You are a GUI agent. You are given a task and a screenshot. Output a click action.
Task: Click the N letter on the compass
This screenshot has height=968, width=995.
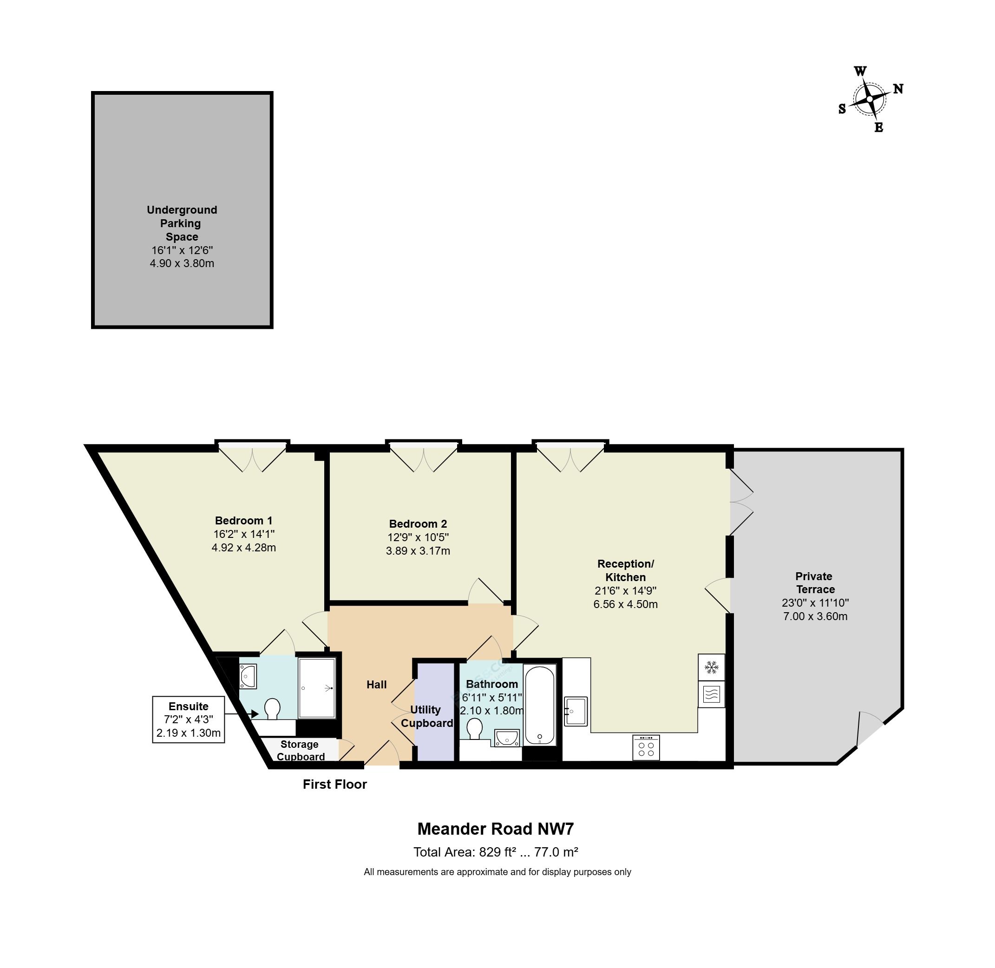tap(898, 89)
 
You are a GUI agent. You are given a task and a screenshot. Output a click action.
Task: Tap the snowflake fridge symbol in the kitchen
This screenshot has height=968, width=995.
tap(712, 667)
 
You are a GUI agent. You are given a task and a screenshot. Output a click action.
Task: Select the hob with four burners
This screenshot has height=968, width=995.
tap(646, 748)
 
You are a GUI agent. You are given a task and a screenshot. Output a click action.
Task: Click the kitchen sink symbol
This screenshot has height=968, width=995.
tap(576, 711)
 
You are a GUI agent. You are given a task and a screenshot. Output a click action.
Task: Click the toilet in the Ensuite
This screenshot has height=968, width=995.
tap(273, 709)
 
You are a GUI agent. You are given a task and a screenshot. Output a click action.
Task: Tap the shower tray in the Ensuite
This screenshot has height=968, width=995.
tap(317, 688)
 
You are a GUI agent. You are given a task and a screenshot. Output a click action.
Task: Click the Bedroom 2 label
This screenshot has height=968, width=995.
tap(418, 523)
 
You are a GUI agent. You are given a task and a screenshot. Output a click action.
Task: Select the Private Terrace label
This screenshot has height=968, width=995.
tap(814, 582)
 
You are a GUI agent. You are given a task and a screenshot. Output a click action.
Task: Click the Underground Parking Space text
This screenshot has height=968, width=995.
tap(182, 223)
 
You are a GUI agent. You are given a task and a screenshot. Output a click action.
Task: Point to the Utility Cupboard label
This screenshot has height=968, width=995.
tap(426, 716)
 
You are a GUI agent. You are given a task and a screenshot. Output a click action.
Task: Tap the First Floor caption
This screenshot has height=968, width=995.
tap(334, 785)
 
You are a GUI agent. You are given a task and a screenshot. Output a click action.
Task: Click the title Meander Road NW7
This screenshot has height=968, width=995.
tap(495, 829)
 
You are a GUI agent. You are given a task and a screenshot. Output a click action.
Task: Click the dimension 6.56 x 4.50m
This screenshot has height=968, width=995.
tap(625, 604)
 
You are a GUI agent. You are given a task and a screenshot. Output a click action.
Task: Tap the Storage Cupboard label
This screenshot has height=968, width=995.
tap(300, 751)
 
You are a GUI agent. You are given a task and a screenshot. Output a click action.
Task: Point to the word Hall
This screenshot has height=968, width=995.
tap(376, 685)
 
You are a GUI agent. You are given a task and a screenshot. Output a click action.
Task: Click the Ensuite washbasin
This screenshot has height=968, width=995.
tap(248, 676)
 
